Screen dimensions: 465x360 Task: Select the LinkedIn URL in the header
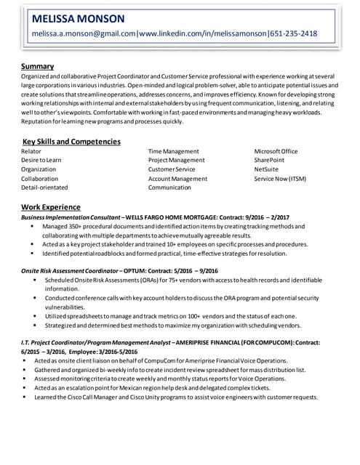203,33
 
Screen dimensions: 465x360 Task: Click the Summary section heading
38,67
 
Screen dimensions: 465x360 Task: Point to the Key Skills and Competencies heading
71,142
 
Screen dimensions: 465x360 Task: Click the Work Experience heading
51,207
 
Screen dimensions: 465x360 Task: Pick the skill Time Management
173,151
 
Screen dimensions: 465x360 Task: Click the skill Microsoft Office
276,151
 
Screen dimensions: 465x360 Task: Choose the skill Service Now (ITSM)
280,179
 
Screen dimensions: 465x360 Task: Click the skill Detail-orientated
44,187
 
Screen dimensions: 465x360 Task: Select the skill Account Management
177,179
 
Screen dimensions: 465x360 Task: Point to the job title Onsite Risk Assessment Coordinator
70,271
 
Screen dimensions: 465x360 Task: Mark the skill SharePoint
269,160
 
